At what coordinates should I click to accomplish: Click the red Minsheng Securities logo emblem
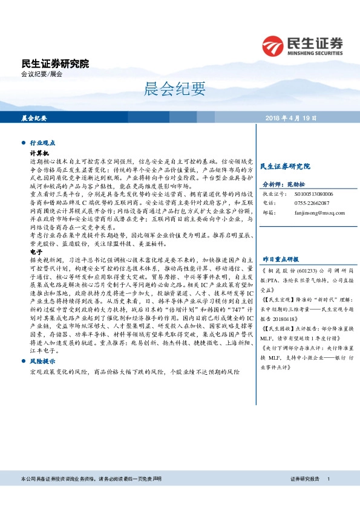tap(274, 45)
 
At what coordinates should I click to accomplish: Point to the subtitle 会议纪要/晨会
tap(42, 74)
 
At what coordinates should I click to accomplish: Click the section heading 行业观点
tap(42, 143)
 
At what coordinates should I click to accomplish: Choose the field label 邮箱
tap(267, 212)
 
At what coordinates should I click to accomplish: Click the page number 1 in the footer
tap(328, 496)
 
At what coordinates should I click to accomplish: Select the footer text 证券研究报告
tap(305, 496)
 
